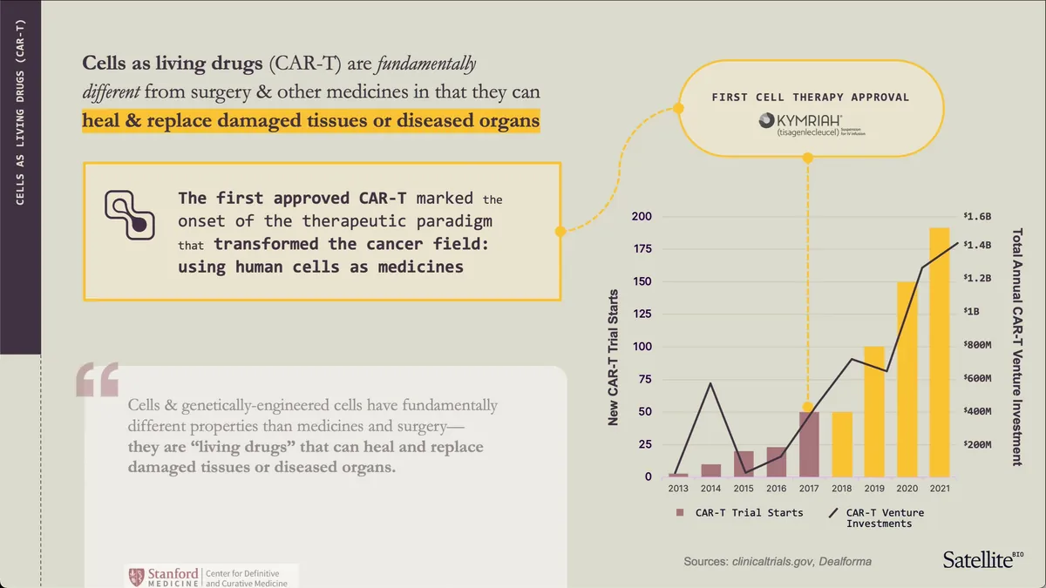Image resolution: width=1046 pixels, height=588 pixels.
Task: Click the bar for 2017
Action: coord(808,444)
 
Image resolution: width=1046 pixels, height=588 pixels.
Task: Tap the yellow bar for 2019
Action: coord(873,411)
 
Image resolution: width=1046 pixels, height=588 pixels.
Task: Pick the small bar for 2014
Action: coord(711,470)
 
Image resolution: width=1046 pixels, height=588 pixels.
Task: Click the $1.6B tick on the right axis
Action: coord(977,216)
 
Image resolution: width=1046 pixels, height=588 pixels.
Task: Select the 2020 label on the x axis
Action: coord(907,489)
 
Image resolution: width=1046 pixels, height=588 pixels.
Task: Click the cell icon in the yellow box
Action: coord(130,214)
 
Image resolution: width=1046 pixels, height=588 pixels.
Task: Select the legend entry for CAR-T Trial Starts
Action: coord(740,512)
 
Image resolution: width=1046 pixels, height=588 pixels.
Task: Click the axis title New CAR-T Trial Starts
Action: coord(613,357)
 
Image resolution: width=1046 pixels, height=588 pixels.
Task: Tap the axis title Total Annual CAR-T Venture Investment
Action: coord(1016,347)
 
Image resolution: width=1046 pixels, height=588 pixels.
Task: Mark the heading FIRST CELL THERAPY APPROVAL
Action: coord(810,97)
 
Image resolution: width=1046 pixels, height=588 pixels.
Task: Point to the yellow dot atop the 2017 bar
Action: coord(808,407)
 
